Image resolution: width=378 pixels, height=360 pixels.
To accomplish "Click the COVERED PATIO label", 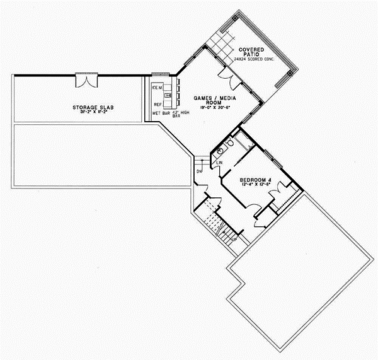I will [251, 50].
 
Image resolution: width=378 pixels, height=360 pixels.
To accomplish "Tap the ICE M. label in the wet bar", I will [157, 87].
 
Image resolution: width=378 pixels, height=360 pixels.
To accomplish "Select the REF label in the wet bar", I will [157, 104].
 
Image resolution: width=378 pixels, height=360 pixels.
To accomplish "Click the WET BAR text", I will [161, 113].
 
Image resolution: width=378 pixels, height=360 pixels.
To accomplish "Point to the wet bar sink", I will [168, 95].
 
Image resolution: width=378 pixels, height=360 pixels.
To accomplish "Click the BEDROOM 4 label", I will [255, 180].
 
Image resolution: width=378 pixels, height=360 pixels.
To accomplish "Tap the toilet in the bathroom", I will [232, 144].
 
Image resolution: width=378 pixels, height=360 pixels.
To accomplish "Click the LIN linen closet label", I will [219, 164].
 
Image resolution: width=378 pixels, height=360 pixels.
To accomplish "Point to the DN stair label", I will [199, 171].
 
